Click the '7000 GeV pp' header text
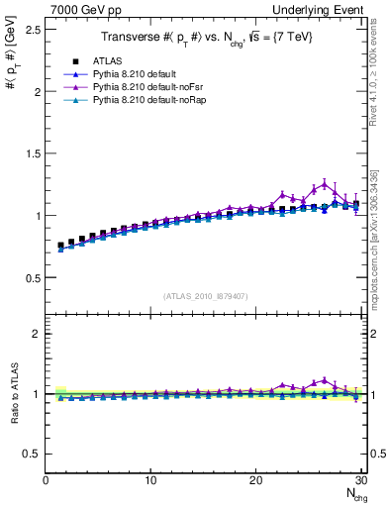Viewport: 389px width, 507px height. (82, 8)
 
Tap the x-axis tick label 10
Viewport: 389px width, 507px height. (150, 480)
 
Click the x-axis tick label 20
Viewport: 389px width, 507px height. (255, 480)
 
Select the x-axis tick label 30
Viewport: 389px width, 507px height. (360, 480)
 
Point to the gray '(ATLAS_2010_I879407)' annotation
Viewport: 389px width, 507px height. (205, 295)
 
